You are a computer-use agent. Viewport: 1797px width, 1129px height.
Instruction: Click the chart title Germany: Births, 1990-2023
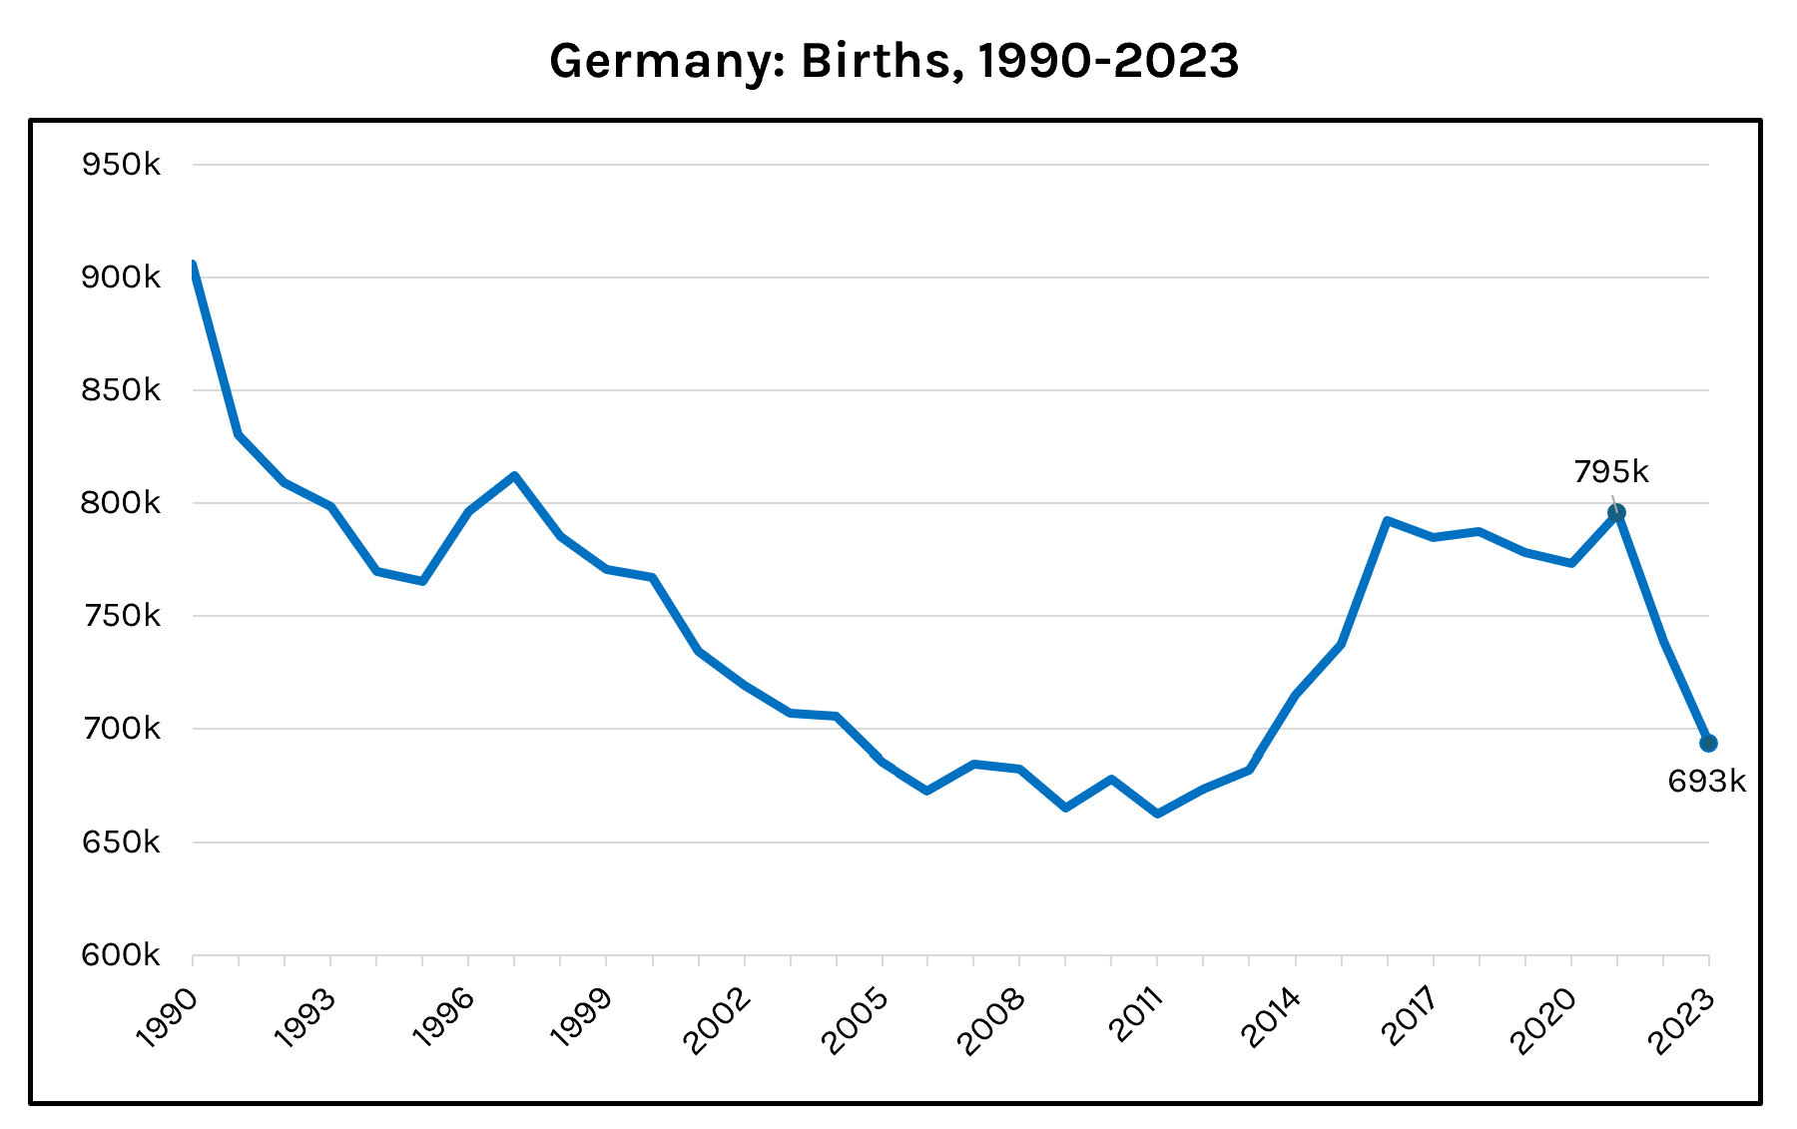tap(894, 62)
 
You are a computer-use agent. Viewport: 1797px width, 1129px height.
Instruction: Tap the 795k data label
tap(1611, 471)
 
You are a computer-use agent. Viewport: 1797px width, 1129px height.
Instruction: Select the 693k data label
tap(1707, 782)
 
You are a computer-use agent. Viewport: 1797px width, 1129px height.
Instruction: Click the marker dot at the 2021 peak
tap(1616, 513)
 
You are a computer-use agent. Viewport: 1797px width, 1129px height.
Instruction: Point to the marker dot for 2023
tap(1708, 743)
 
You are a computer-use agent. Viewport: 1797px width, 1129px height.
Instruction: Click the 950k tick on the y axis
tap(121, 165)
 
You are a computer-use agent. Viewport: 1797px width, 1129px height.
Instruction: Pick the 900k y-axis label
tap(121, 278)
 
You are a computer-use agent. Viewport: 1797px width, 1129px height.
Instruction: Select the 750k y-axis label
tap(121, 616)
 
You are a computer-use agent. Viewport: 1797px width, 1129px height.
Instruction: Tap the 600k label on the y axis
tap(121, 955)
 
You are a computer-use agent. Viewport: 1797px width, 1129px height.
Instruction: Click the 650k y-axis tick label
tap(121, 843)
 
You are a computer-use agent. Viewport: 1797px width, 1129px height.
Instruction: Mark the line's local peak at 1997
tap(514, 475)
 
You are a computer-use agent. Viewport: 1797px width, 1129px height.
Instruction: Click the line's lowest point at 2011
tap(1157, 815)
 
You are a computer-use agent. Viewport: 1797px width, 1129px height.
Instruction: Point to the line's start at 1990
tap(194, 265)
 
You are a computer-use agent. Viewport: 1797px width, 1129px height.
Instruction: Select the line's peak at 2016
tap(1387, 520)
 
